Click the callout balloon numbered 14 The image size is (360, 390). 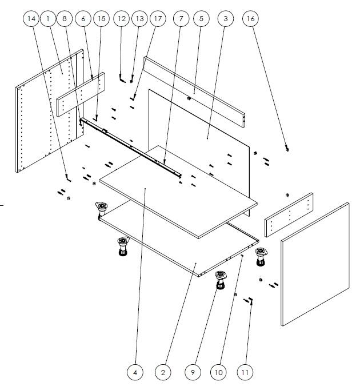coord(31,19)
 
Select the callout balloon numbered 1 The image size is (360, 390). coord(48,19)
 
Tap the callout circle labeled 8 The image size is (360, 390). coord(65,19)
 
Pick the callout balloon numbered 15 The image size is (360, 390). coord(102,19)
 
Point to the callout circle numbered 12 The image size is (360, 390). coord(121,19)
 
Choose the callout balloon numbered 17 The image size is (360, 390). coord(158,19)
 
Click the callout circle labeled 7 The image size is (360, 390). coord(181,19)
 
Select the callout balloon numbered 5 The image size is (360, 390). coord(201,19)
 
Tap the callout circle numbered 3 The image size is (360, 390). coord(226,19)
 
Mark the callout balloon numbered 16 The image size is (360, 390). coord(251,19)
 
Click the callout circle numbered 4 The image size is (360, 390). coord(135,372)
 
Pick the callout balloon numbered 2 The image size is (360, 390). coord(163,372)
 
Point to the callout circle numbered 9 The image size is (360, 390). coord(193,372)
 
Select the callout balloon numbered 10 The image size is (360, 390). coord(218,372)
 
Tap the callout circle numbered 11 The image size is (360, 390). coord(245,372)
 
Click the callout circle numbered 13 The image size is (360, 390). coord(140,19)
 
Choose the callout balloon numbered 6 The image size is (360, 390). coord(83,19)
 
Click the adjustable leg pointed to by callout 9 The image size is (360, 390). coord(221,280)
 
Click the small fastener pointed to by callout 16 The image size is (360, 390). coord(287,149)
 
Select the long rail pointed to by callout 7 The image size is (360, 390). coord(130,148)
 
